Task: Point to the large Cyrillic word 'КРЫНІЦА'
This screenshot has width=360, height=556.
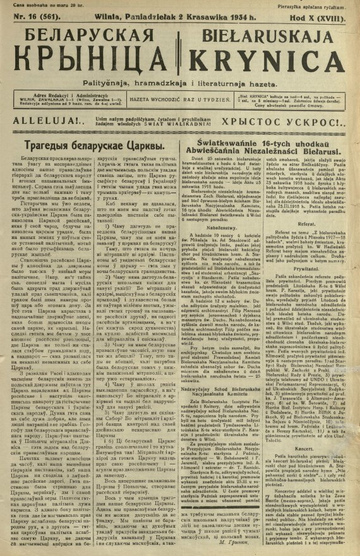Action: pos(90,63)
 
